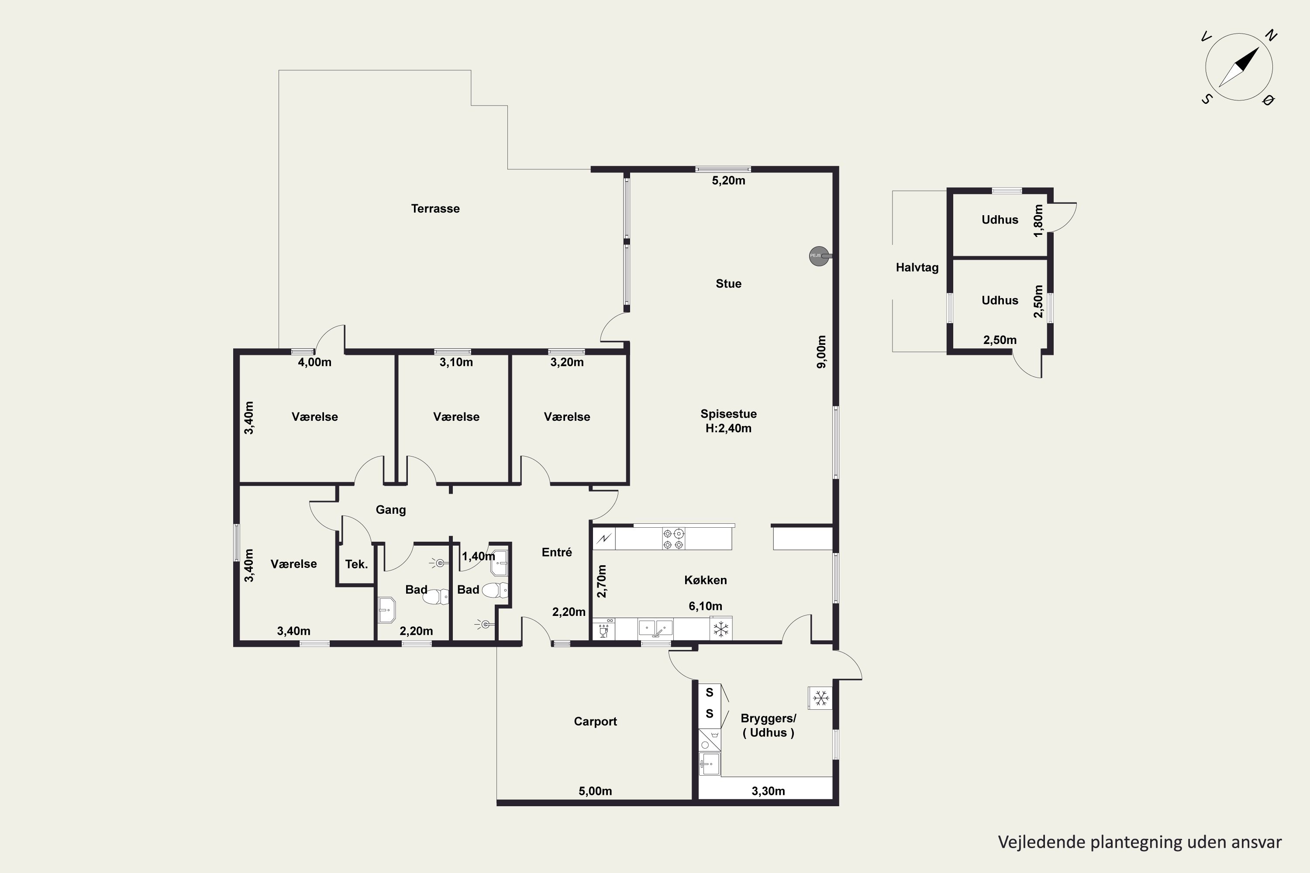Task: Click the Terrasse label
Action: (x=435, y=209)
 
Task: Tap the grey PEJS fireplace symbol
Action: (x=819, y=256)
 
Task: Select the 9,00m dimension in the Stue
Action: (x=821, y=352)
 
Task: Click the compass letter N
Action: (x=1270, y=36)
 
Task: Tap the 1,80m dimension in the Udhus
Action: (x=1038, y=220)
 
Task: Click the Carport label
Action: (x=596, y=722)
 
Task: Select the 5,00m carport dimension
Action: (x=596, y=791)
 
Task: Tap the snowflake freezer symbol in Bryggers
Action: (x=820, y=698)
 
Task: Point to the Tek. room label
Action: (x=356, y=564)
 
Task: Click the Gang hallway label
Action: (x=390, y=510)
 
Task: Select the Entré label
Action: (x=557, y=552)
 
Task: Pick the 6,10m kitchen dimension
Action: (x=706, y=606)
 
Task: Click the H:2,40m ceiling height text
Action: (x=728, y=429)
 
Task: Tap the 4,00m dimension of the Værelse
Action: (x=315, y=362)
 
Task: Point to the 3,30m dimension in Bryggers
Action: (x=769, y=791)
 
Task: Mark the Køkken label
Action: (x=706, y=580)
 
